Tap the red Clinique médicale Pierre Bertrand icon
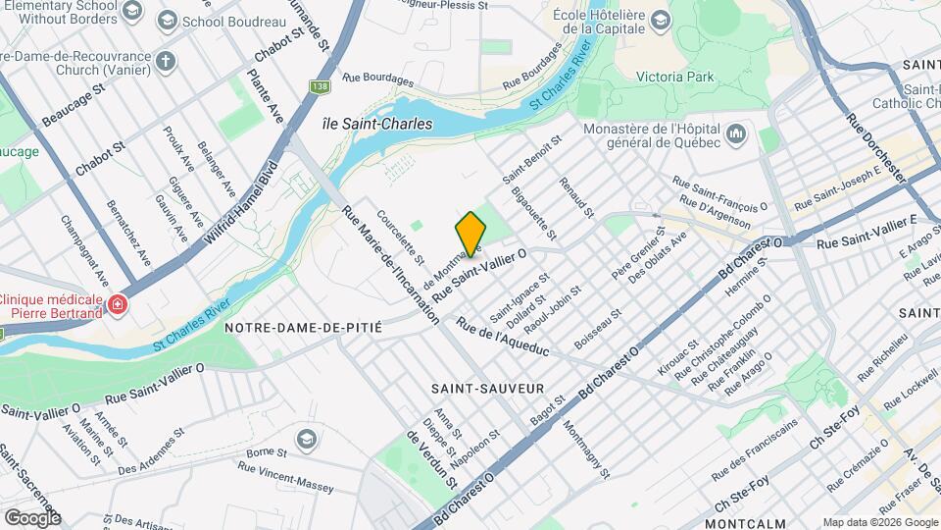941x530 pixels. [x=119, y=305]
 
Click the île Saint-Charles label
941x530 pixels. [x=364, y=125]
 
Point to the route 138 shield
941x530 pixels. [x=320, y=87]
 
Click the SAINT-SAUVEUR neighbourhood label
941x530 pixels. [x=487, y=389]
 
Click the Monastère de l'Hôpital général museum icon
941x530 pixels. [x=737, y=132]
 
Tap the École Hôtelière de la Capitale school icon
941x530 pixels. [x=662, y=21]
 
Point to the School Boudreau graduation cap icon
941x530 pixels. [x=167, y=21]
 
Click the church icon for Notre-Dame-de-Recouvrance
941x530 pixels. [x=167, y=62]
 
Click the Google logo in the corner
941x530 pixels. [x=31, y=517]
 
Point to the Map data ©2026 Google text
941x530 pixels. [x=879, y=522]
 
